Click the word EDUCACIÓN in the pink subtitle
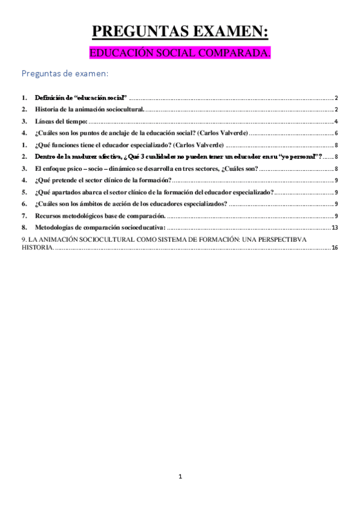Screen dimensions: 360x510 117,54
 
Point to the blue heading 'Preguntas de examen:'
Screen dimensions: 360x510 65,74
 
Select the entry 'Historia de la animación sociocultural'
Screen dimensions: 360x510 90,109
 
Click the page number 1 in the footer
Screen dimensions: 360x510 180,476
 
